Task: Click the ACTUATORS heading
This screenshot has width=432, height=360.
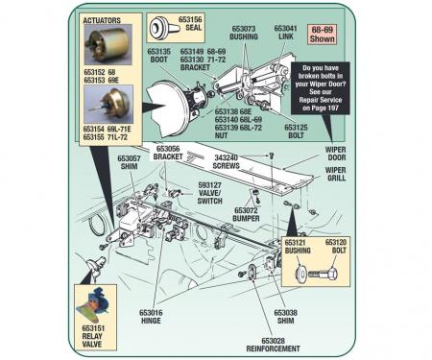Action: pyautogui.click(x=103, y=19)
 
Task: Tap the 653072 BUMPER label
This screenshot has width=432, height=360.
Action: pyautogui.click(x=248, y=214)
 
